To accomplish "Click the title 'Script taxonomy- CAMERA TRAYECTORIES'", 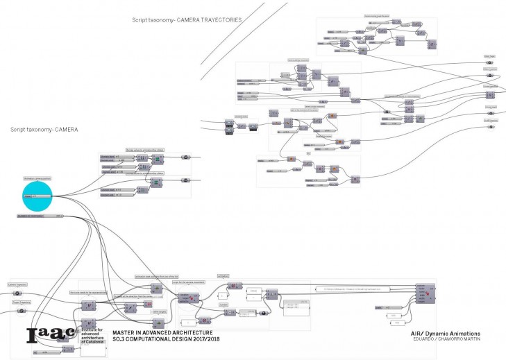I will click(187, 21).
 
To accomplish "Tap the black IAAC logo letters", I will click(51, 335).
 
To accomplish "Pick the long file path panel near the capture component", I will click(362, 287).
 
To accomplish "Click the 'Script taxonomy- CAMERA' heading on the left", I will click(44, 130).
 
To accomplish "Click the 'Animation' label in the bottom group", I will click(224, 276).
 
